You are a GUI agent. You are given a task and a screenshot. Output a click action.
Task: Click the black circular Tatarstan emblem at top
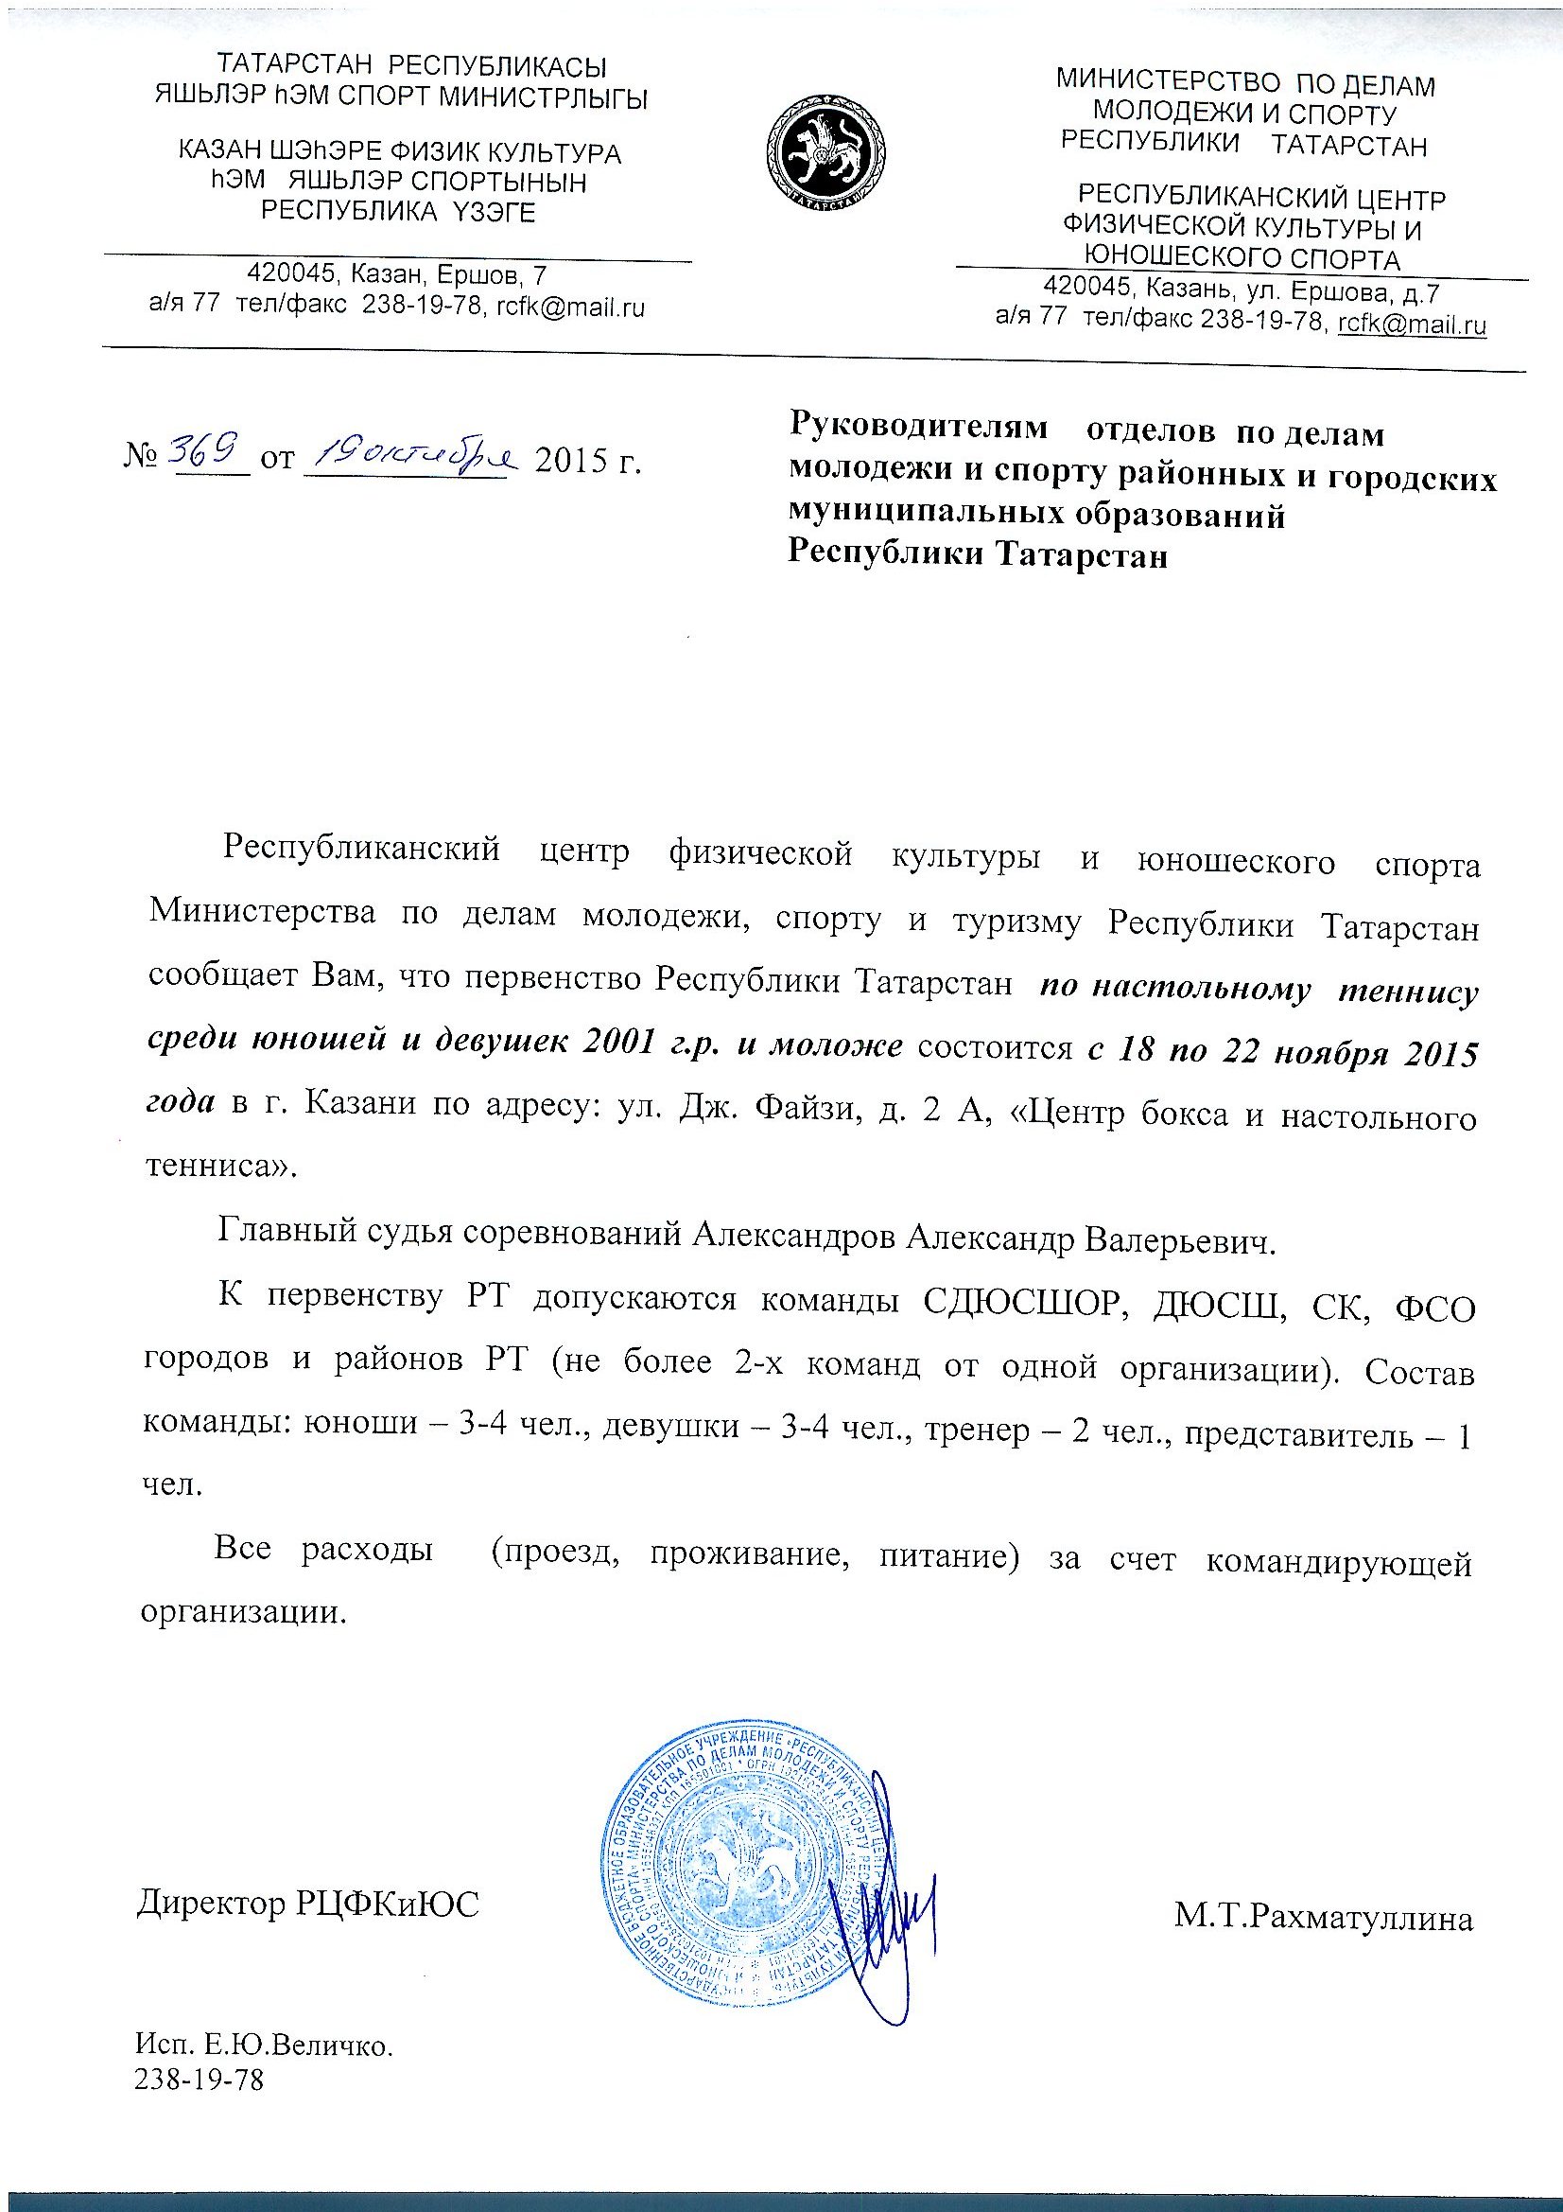click(825, 152)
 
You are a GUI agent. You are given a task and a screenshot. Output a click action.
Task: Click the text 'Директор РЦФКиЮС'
click(308, 1903)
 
